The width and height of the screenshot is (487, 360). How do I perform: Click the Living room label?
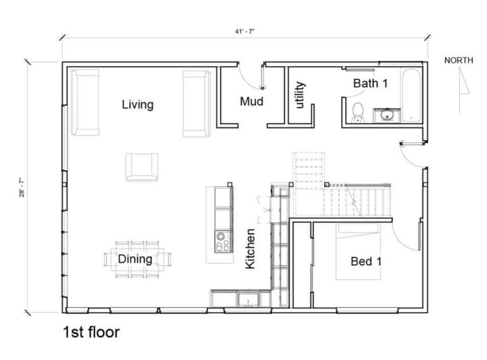click(x=138, y=105)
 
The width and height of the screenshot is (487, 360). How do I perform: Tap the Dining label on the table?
click(x=135, y=259)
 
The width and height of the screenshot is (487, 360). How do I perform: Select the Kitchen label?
click(x=250, y=248)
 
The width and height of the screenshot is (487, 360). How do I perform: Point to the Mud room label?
click(x=252, y=101)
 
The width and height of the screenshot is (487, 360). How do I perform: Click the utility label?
click(x=300, y=95)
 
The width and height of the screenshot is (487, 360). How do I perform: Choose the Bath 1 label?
click(x=370, y=83)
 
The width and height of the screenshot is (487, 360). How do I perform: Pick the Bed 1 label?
click(x=366, y=261)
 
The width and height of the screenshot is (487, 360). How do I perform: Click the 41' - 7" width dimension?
click(x=245, y=31)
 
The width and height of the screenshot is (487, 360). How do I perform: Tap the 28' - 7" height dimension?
click(x=22, y=188)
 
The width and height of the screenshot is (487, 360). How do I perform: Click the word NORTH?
click(x=458, y=60)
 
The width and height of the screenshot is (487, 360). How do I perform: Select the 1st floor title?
click(x=91, y=332)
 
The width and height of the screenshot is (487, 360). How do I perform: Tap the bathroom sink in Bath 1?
click(x=387, y=115)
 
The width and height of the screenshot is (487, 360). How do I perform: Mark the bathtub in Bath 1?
click(x=412, y=95)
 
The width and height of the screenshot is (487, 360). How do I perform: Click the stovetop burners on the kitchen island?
click(x=223, y=241)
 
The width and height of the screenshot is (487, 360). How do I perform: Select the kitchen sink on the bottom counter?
click(x=248, y=300)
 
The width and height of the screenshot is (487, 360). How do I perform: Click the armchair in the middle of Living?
click(x=141, y=167)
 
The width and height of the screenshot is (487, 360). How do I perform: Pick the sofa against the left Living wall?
click(x=85, y=103)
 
